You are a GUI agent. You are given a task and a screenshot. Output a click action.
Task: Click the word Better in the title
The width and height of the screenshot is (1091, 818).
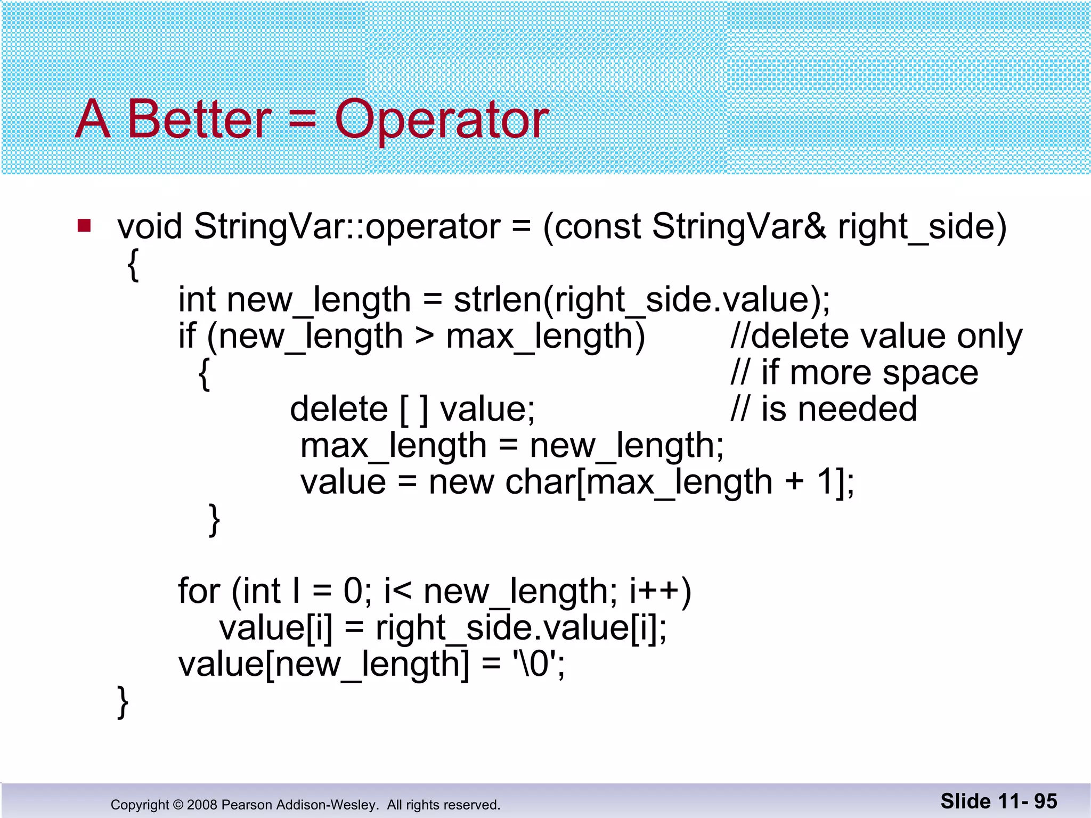199,119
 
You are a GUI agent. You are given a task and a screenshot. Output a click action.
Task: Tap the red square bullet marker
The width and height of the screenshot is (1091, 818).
84,226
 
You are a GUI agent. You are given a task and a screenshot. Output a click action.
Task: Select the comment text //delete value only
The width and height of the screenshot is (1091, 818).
876,336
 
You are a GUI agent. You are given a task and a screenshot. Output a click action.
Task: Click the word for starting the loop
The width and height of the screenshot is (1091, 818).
199,591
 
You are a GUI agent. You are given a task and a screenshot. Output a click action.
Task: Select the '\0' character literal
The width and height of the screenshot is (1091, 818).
535,665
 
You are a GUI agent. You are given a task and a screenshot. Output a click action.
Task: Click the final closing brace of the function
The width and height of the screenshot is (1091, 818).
123,702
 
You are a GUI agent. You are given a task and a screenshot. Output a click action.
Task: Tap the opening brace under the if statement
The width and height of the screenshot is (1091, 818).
204,374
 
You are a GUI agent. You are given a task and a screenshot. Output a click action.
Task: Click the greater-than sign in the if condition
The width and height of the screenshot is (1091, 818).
424,336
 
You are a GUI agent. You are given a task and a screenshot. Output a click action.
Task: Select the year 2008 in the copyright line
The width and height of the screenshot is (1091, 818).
202,805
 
